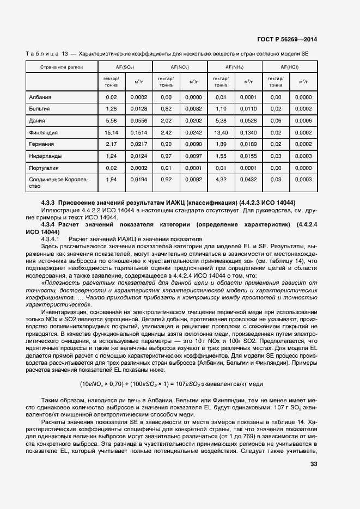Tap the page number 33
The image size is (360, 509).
tap(313, 464)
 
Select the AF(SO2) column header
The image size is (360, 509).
tap(125, 66)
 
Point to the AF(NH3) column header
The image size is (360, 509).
tap(235, 66)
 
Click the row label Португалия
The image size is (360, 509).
tap(44, 168)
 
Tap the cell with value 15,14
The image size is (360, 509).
tap(112, 132)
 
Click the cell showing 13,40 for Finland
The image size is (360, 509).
tap(221, 132)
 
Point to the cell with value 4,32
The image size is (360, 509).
tap(221, 179)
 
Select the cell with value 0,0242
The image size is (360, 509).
tap(193, 132)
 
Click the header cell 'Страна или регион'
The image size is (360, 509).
tap(61, 66)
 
